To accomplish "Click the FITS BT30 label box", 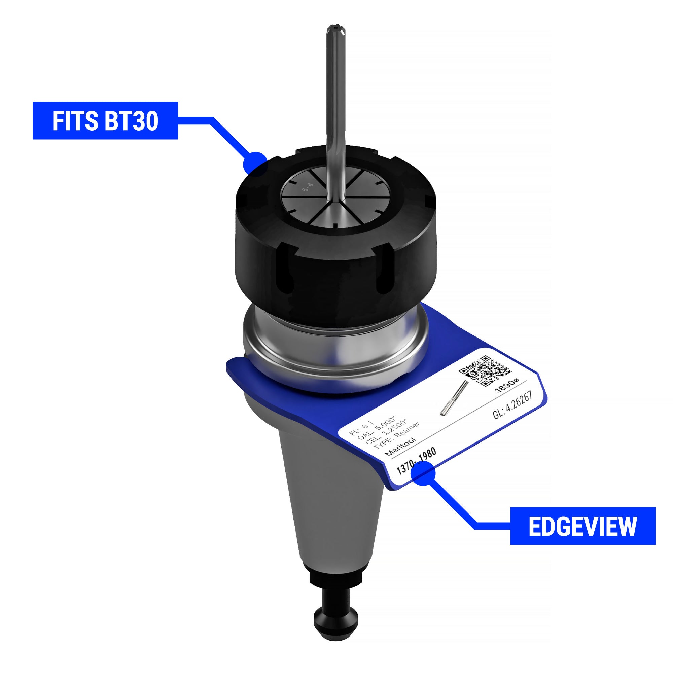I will point(105,120).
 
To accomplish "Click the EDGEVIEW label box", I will point(582,526).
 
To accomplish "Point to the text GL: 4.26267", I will point(512,405).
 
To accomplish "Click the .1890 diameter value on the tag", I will point(507,386).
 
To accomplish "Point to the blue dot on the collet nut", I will point(256,164).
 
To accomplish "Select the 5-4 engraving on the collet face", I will point(308,187).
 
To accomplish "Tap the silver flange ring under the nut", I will point(334,352).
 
